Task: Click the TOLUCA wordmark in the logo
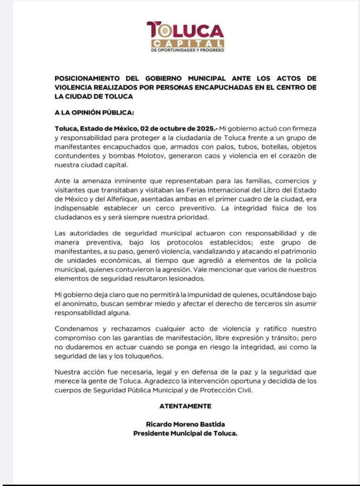(x=185, y=31)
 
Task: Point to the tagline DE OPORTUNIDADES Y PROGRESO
(x=187, y=50)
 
